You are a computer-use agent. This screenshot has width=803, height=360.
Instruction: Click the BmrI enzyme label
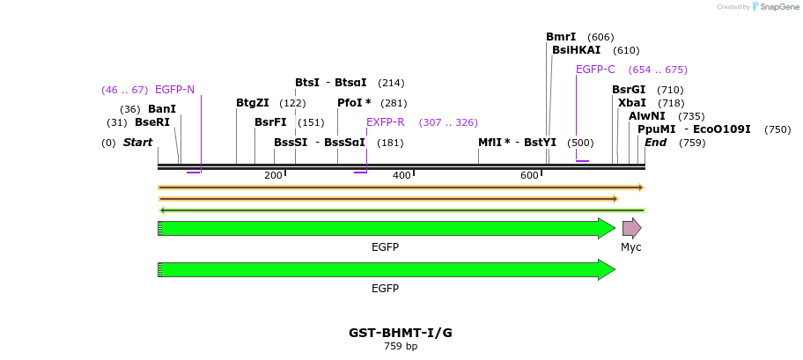click(x=561, y=37)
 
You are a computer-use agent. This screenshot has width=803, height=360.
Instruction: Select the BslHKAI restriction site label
click(x=576, y=50)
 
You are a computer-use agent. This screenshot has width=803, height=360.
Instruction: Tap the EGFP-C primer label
click(x=595, y=70)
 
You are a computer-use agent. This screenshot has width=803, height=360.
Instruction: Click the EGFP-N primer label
click(x=174, y=90)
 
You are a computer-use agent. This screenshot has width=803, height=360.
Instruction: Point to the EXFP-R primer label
click(x=386, y=122)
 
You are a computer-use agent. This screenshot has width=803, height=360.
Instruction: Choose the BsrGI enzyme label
click(x=629, y=90)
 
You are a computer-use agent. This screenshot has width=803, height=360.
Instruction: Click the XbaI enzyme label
click(x=631, y=103)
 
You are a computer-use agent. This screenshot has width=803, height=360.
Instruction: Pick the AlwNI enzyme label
click(x=647, y=116)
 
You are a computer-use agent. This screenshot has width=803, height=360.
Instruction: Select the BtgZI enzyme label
click(x=253, y=103)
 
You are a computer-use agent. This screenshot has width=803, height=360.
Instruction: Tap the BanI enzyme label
click(x=162, y=109)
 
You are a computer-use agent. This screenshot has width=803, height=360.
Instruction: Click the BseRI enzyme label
click(x=152, y=122)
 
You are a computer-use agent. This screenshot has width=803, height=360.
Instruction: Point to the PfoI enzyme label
click(x=354, y=103)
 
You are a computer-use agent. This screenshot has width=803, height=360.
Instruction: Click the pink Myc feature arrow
click(x=631, y=229)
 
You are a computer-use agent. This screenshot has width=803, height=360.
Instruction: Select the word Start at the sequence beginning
click(x=137, y=143)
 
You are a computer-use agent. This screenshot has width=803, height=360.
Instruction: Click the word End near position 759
click(x=656, y=143)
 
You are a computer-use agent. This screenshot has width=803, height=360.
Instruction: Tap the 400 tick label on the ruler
click(x=401, y=176)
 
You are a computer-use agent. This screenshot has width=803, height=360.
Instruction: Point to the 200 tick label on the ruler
click(x=273, y=176)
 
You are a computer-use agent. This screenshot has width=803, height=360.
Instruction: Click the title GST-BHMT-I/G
click(x=401, y=333)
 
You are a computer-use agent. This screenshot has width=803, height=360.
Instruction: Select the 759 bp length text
click(x=401, y=347)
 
